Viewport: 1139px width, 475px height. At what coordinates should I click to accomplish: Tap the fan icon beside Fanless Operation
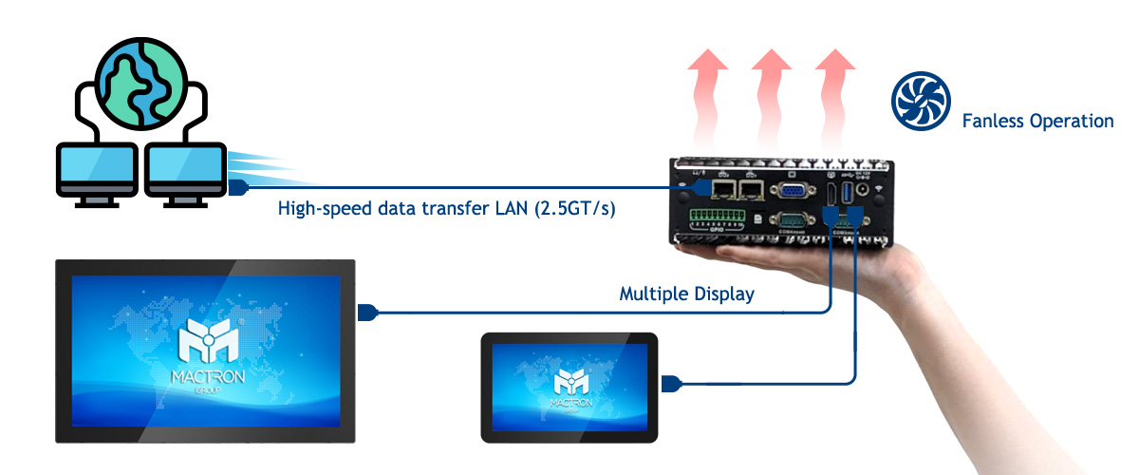tap(920, 104)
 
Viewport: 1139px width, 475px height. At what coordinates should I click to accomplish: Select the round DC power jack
tap(865, 190)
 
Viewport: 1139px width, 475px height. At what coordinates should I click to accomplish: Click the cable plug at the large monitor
tap(368, 312)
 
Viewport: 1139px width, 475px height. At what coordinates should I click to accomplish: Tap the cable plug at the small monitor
tap(673, 384)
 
